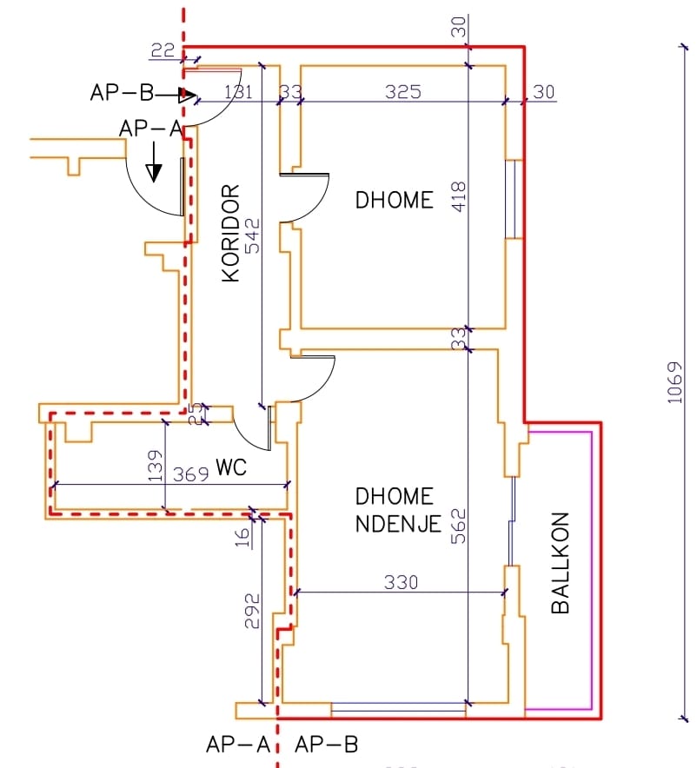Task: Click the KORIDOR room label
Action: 230,233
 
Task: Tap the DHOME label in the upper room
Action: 394,200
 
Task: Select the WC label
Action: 232,467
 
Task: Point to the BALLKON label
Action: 561,563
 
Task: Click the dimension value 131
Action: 240,91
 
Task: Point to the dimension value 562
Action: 459,526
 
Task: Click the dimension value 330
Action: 401,582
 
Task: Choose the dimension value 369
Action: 189,474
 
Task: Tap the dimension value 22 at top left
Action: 163,51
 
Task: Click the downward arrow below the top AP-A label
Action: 153,165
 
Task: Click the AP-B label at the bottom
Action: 326,745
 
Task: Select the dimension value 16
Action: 243,534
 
